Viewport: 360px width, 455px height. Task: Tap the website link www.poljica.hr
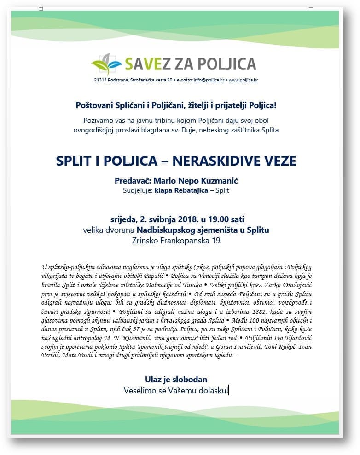pyautogui.click(x=243, y=80)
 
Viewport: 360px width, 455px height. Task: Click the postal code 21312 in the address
pyautogui.click(x=101, y=80)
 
